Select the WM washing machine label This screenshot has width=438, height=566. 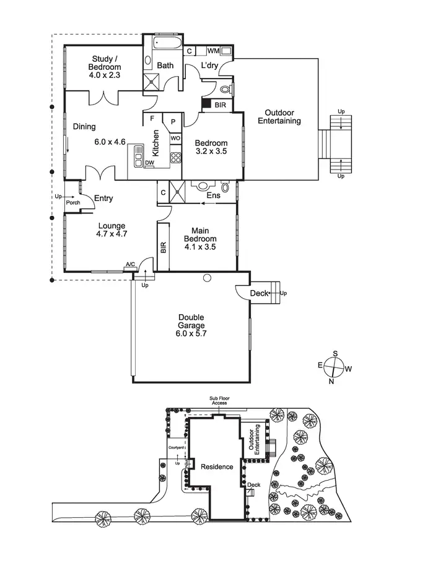(213, 50)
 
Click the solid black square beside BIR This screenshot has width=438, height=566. (206, 105)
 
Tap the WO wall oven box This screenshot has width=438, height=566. (175, 138)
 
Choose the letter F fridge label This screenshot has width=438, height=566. (151, 118)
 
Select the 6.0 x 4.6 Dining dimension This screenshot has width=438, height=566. (110, 142)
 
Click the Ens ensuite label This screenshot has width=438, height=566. (213, 195)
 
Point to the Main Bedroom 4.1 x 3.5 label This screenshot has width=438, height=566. (200, 239)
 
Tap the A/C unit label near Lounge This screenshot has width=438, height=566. (130, 265)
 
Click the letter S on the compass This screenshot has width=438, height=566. (335, 353)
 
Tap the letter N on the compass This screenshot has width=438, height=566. (331, 381)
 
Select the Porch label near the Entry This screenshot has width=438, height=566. (72, 202)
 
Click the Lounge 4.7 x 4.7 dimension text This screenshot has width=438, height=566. (112, 234)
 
